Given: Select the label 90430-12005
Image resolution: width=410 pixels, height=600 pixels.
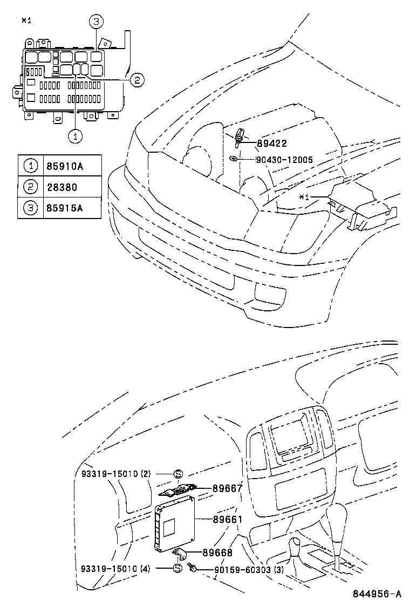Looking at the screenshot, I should coord(284,160).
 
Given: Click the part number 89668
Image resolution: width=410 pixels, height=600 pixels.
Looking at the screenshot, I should coord(217,552).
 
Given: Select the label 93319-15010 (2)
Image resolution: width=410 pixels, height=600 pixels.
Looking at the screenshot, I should coord(120,474).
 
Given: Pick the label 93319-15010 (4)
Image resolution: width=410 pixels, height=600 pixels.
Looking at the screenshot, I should coord(120,569).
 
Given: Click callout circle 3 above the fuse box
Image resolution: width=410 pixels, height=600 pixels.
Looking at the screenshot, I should coord(95,22).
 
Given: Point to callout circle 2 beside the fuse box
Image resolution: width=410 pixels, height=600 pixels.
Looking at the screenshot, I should coord(137,80).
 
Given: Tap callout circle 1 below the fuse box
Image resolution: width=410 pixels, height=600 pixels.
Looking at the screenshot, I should coord(76,136).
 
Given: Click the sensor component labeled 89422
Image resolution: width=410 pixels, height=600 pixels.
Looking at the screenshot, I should coord(240,138).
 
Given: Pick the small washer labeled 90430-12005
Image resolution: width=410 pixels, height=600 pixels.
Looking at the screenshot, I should coord(233,159).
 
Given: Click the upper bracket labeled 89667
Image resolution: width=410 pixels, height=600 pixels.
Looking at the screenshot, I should coord(179,490).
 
